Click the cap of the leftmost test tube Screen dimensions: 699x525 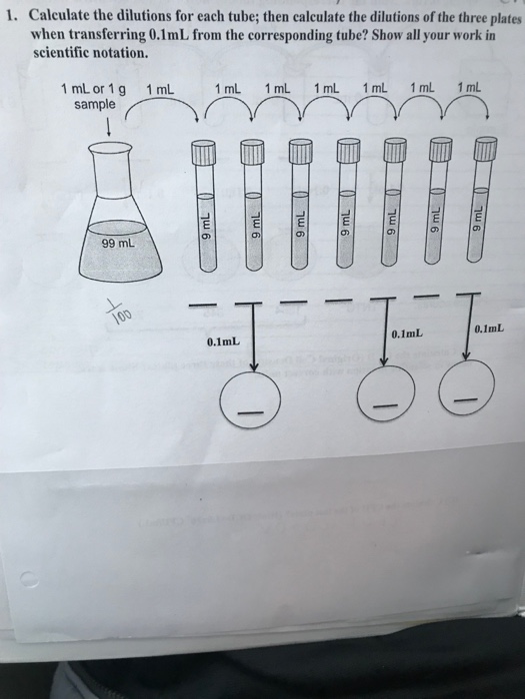(204, 154)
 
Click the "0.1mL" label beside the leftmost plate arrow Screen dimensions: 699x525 (223, 343)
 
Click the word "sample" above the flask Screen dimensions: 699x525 (95, 104)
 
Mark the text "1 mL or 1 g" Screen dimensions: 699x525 (93, 90)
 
